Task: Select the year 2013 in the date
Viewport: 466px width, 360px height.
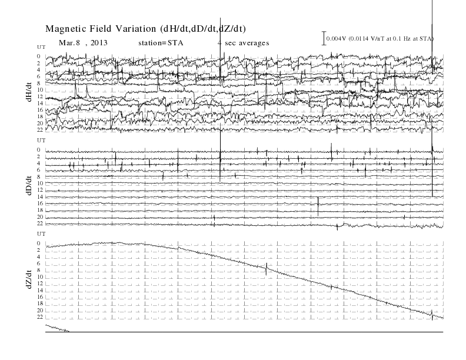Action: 99,43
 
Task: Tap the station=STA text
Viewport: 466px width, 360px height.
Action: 161,43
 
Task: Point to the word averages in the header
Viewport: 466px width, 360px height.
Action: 254,43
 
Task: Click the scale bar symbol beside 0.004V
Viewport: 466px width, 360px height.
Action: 324,38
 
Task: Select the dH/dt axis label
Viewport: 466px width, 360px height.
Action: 29,92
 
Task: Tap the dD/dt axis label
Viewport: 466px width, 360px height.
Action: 29,185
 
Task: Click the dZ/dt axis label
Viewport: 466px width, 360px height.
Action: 29,279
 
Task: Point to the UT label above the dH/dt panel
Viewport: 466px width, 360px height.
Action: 41,47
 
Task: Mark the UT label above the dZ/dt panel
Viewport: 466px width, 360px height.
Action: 41,234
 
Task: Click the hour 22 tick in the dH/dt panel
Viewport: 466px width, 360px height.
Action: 40,130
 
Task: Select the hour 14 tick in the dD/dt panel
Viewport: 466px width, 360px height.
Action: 40,196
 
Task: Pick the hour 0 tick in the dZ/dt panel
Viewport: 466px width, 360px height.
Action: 39,244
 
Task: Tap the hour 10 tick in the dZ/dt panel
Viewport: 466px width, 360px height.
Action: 40,277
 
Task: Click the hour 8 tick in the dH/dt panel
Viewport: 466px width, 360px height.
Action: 39,83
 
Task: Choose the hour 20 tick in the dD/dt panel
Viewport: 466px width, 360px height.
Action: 40,217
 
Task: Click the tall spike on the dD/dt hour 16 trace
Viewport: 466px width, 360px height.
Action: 318,206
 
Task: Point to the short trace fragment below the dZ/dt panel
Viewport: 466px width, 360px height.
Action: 57,328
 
